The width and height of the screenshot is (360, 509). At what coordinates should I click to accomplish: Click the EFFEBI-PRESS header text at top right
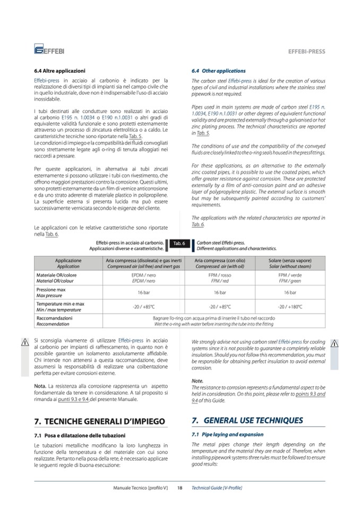point(306,51)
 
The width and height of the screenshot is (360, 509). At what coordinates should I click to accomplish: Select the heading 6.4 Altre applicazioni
point(59,71)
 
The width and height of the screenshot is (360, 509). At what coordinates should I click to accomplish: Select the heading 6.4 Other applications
point(218,71)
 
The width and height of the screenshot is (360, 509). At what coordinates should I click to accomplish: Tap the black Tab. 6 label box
point(178,244)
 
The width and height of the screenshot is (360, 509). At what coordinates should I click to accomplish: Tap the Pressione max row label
point(51,292)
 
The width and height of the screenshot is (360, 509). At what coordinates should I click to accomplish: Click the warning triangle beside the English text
point(335,343)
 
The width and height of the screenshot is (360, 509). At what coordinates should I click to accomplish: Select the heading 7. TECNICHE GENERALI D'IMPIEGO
point(99,421)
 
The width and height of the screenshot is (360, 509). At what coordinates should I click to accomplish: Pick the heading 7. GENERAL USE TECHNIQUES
point(247,420)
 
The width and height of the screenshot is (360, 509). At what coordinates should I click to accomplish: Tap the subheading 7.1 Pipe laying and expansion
point(227,434)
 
